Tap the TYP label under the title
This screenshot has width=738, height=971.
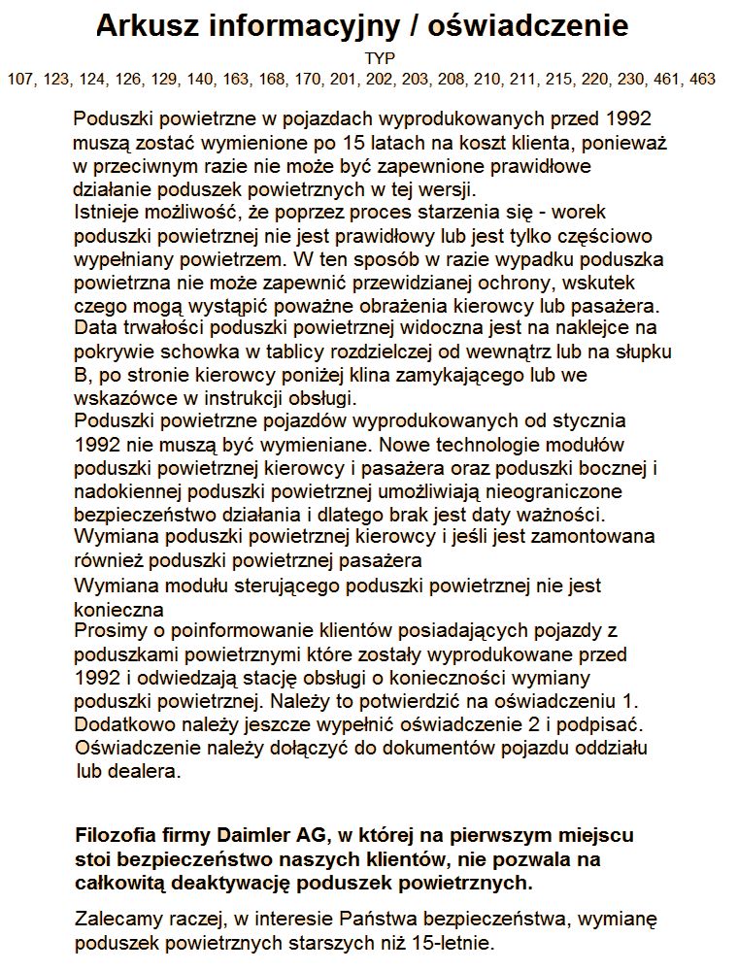coord(374,59)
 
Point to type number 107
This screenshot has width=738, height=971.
coord(20,79)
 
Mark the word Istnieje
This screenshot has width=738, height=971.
coord(106,213)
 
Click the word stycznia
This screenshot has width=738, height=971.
coord(591,421)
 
